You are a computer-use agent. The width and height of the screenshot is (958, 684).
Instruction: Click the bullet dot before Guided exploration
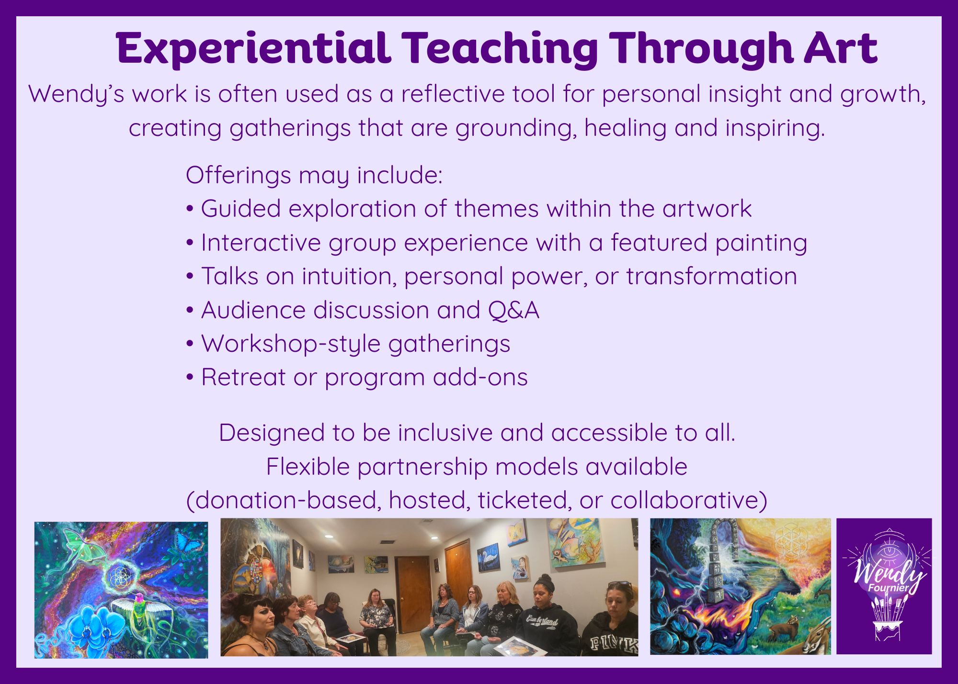pos(190,209)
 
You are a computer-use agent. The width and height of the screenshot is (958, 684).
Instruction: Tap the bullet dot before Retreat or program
pos(190,378)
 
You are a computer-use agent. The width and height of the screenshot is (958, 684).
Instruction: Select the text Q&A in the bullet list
pos(513,310)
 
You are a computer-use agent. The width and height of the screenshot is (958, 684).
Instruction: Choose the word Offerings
pos(238,176)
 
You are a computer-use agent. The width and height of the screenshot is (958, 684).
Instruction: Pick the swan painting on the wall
pos(489,557)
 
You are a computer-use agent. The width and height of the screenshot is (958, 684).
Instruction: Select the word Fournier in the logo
pos(888,588)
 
